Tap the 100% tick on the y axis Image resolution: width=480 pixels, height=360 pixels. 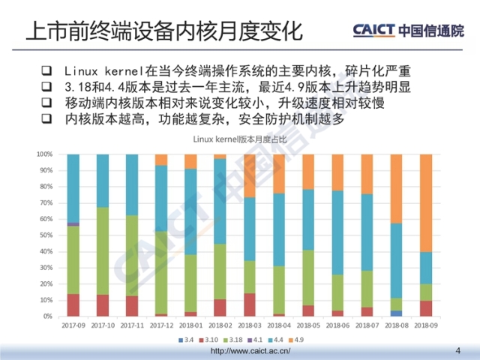coord(43,154)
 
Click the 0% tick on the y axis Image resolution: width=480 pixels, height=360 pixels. coord(46,316)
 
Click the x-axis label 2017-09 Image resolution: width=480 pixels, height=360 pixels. coord(73,325)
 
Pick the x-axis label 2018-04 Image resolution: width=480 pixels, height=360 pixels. coord(279,325)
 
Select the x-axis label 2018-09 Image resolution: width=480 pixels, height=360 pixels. coord(425,325)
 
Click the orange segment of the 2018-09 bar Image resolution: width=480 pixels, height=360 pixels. coord(425,202)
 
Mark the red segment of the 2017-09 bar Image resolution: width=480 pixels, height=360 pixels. coord(73,305)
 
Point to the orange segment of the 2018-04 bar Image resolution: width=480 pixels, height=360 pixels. coord(279,173)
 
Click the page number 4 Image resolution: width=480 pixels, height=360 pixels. coord(458,350)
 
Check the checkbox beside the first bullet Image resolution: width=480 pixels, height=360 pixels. coord(46,71)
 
